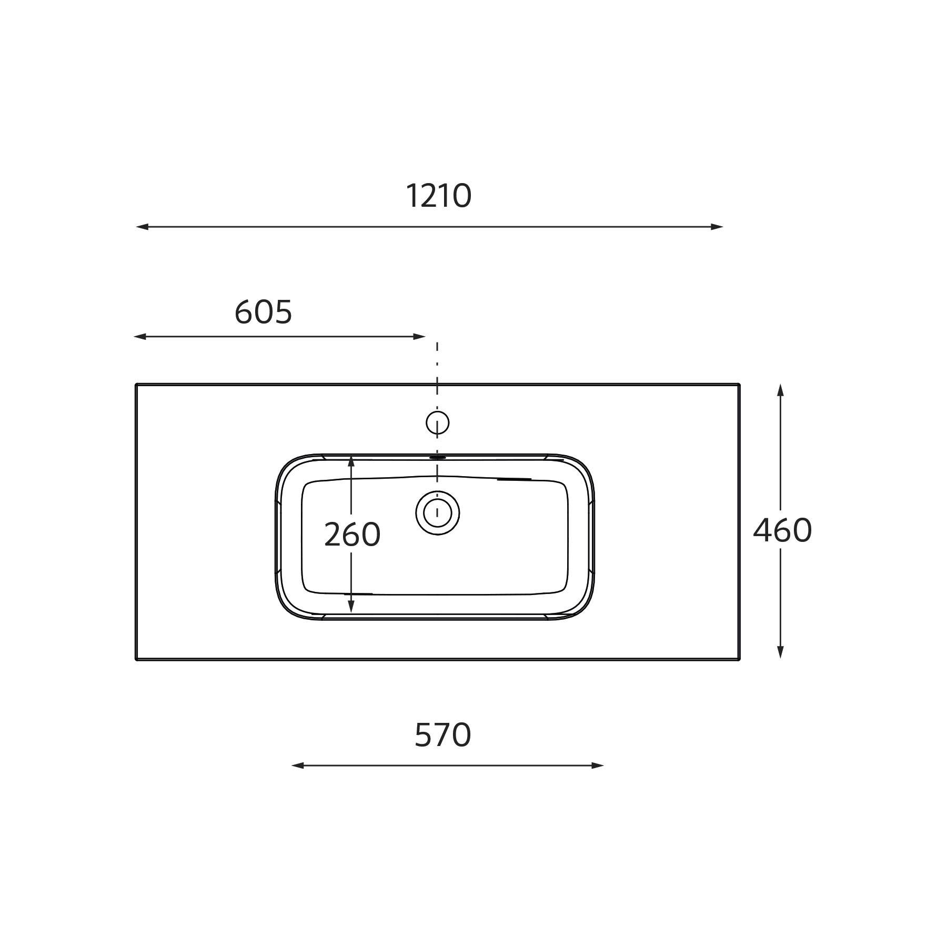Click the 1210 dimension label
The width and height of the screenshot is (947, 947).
click(438, 196)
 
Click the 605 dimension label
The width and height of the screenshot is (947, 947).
click(263, 312)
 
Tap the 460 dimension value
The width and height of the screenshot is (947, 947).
click(782, 530)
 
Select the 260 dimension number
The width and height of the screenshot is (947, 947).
click(352, 535)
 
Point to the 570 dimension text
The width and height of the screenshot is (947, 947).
click(442, 735)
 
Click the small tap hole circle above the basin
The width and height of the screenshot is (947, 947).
click(437, 422)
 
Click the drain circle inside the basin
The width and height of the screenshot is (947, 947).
click(437, 513)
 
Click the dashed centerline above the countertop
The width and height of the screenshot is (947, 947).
click(437, 363)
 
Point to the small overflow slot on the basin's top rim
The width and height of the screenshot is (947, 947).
click(437, 458)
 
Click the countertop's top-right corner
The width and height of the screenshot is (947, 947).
click(739, 385)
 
